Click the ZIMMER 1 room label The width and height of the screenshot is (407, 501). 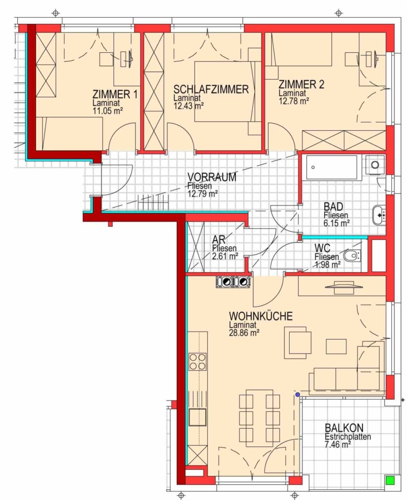pyautogui.click(x=115, y=95)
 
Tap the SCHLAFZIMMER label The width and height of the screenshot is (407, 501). pyautogui.click(x=211, y=89)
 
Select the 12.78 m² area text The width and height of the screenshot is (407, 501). pyautogui.click(x=294, y=101)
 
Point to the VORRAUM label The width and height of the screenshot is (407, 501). pyautogui.click(x=212, y=177)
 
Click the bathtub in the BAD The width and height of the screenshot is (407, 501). pyautogui.click(x=331, y=168)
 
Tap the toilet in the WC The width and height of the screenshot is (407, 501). pyautogui.click(x=352, y=256)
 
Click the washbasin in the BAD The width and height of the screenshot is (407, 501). pyautogui.click(x=379, y=215)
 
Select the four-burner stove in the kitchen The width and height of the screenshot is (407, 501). pyautogui.click(x=197, y=361)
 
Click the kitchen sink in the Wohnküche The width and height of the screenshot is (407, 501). pyautogui.click(x=197, y=417)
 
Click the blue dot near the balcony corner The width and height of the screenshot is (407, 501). pyautogui.click(x=297, y=395)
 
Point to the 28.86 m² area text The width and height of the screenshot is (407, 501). pyautogui.click(x=244, y=333)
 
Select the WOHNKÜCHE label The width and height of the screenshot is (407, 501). pyautogui.click(x=260, y=316)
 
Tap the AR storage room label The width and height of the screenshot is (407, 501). pyautogui.click(x=219, y=239)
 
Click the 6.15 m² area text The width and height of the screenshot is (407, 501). pyautogui.click(x=336, y=223)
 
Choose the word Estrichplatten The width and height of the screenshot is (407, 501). pyautogui.click(x=348, y=436)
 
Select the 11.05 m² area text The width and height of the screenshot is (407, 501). pyautogui.click(x=107, y=111)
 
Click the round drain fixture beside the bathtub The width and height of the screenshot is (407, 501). pyautogui.click(x=375, y=165)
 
